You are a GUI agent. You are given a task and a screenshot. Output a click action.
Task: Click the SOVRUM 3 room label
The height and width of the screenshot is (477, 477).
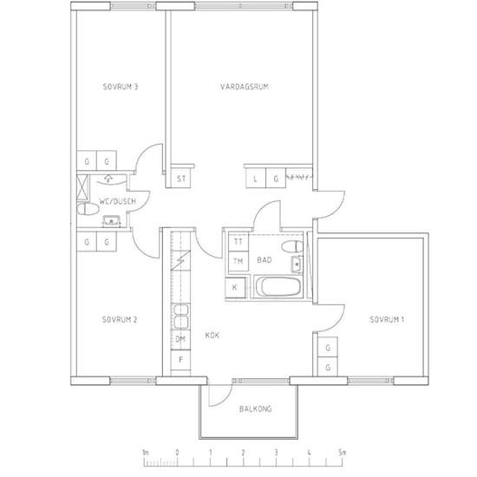[x=121, y=87]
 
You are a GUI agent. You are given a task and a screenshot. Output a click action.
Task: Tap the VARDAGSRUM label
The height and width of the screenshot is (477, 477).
[x=245, y=87]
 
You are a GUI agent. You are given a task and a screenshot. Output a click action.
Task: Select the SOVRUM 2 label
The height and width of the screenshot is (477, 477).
[x=120, y=320]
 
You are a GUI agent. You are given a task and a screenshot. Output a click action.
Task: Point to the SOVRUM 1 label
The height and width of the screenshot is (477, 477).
[x=387, y=319]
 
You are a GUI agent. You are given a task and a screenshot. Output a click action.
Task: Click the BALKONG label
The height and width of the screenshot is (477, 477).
[x=255, y=408]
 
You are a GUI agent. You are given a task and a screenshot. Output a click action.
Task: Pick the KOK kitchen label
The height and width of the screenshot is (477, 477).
[x=212, y=336]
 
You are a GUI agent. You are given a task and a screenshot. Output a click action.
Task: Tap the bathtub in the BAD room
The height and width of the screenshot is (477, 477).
[x=278, y=286]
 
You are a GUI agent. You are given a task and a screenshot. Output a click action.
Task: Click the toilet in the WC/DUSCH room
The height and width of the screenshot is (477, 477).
[x=88, y=209]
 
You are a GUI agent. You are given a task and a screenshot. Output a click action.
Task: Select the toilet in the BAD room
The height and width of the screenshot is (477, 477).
[x=292, y=246]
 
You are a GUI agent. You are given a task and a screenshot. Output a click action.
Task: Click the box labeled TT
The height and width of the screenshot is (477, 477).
[x=238, y=242]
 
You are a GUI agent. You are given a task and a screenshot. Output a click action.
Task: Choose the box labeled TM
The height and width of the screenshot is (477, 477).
[x=238, y=261]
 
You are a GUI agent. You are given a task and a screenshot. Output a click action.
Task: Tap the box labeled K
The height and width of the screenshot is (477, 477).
[x=235, y=287]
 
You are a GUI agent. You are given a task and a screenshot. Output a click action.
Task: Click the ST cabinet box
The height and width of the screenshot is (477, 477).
[x=180, y=179]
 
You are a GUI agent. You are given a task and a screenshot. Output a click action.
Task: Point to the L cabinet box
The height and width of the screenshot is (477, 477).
[x=256, y=179]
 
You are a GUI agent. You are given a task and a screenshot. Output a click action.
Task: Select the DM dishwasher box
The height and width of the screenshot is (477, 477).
[x=180, y=339]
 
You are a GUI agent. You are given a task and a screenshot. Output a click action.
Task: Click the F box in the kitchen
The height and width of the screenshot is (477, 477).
[x=180, y=360]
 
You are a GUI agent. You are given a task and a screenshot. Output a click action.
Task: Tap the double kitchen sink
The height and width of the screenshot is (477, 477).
[x=180, y=317]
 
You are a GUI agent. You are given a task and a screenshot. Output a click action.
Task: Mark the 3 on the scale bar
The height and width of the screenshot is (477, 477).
[x=276, y=453]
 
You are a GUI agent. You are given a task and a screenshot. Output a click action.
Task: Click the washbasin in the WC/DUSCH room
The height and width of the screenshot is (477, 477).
[x=111, y=221]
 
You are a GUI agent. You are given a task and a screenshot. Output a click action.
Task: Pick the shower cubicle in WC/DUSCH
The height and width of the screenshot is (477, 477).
[x=82, y=187]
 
